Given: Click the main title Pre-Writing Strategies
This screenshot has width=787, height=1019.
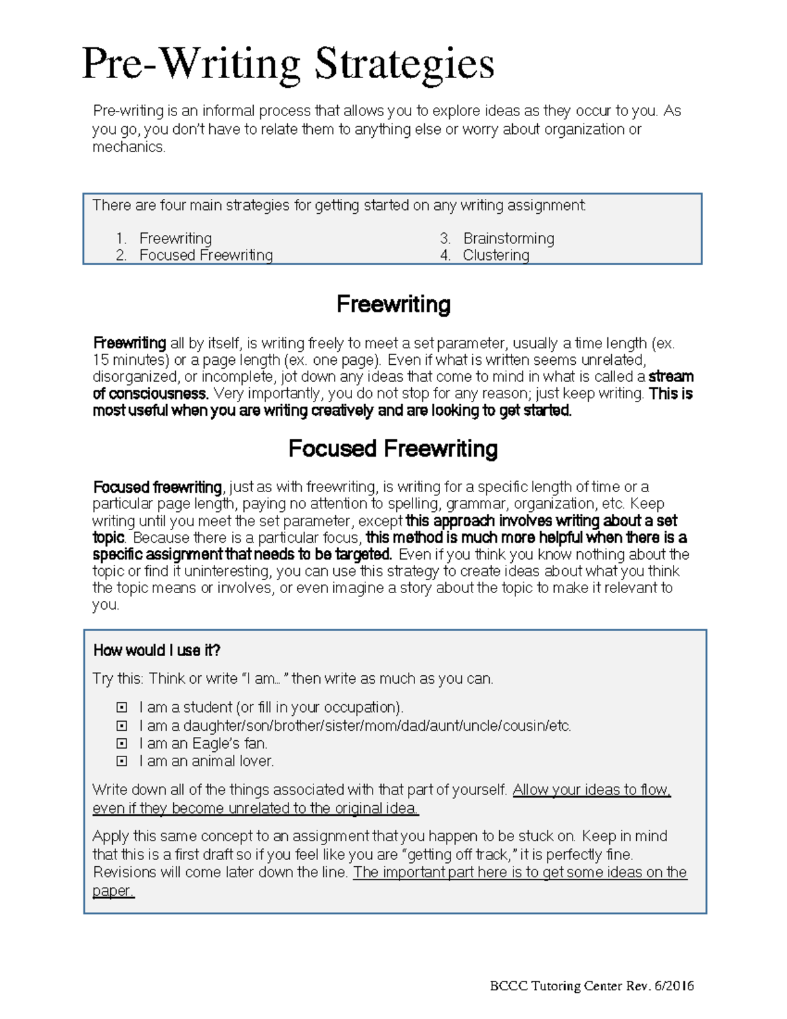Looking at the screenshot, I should coord(288,64).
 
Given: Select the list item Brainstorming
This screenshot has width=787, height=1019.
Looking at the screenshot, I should coord(508,238).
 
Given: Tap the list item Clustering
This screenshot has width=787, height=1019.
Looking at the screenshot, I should coord(496,255).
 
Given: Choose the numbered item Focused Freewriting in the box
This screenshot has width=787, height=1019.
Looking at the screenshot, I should coord(206,255).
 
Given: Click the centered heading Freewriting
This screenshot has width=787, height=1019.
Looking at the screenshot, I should coord(393,304).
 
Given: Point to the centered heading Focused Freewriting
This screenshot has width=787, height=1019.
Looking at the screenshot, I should coord(393,449).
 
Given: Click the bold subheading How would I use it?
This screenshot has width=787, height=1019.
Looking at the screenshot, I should coord(157,650).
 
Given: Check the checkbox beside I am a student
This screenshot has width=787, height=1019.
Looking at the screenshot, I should coord(121,707).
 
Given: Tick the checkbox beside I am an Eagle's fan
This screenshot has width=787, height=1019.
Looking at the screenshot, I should coord(121,743).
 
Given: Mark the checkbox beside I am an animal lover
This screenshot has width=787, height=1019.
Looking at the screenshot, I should coord(121,761).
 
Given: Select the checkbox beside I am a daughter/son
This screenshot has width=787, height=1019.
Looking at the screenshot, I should coord(121,726).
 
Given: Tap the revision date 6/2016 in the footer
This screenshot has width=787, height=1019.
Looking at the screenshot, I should coord(674,986).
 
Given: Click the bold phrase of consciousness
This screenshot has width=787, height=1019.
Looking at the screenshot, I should coord(150,394).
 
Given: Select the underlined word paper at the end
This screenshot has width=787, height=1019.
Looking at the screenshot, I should coord(112,891).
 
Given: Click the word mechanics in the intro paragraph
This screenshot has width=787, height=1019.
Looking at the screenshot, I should coord(128,147).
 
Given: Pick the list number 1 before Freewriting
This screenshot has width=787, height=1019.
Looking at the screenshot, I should coord(120,238).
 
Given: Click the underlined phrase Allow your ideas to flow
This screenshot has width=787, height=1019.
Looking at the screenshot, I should coord(591,790).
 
